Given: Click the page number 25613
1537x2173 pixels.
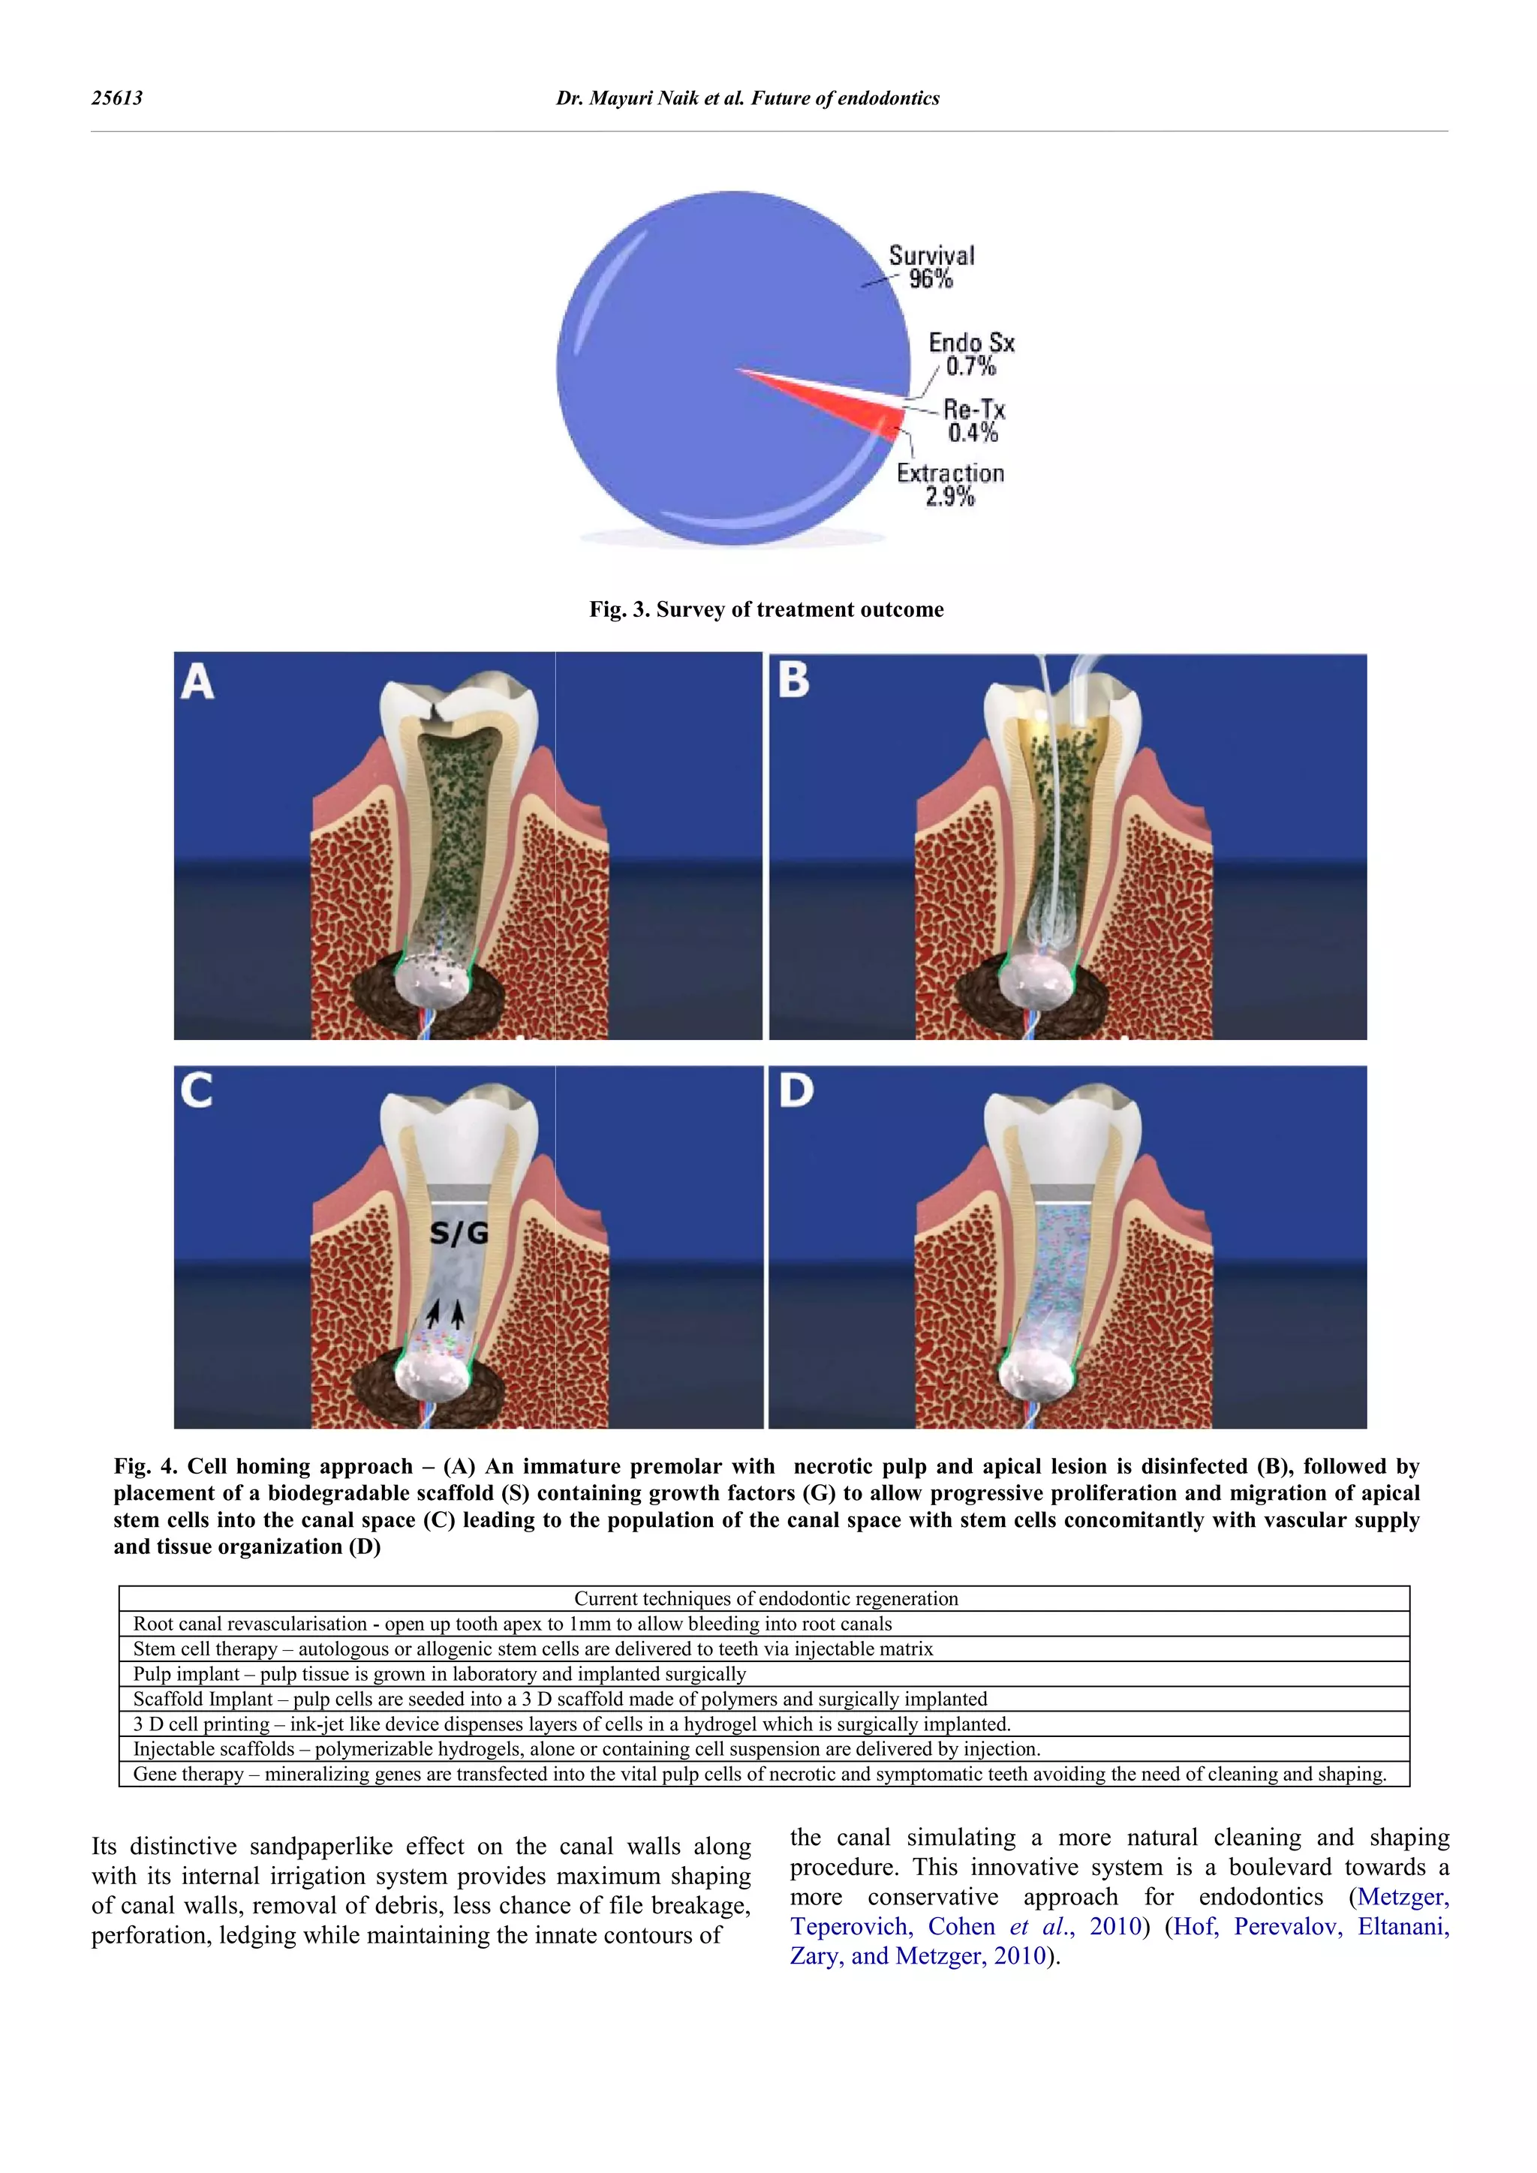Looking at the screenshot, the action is click(116, 98).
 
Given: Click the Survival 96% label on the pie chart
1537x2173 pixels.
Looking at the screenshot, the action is click(931, 267).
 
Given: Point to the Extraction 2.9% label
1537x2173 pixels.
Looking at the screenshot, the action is click(950, 485).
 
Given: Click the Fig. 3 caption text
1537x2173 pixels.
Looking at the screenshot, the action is click(765, 609).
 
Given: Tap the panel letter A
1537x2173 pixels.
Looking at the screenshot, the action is click(197, 681).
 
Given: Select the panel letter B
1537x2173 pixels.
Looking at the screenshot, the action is click(794, 680).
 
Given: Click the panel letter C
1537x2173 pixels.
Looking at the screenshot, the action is click(196, 1091).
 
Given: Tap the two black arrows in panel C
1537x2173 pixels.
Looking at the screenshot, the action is click(446, 1312).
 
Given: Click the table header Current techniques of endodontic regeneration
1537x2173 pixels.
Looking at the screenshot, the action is click(765, 1598).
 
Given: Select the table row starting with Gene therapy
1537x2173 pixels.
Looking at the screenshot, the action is click(759, 1774).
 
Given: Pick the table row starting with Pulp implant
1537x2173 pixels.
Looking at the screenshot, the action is click(439, 1673).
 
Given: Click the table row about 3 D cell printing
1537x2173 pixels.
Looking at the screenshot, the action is click(572, 1724).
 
